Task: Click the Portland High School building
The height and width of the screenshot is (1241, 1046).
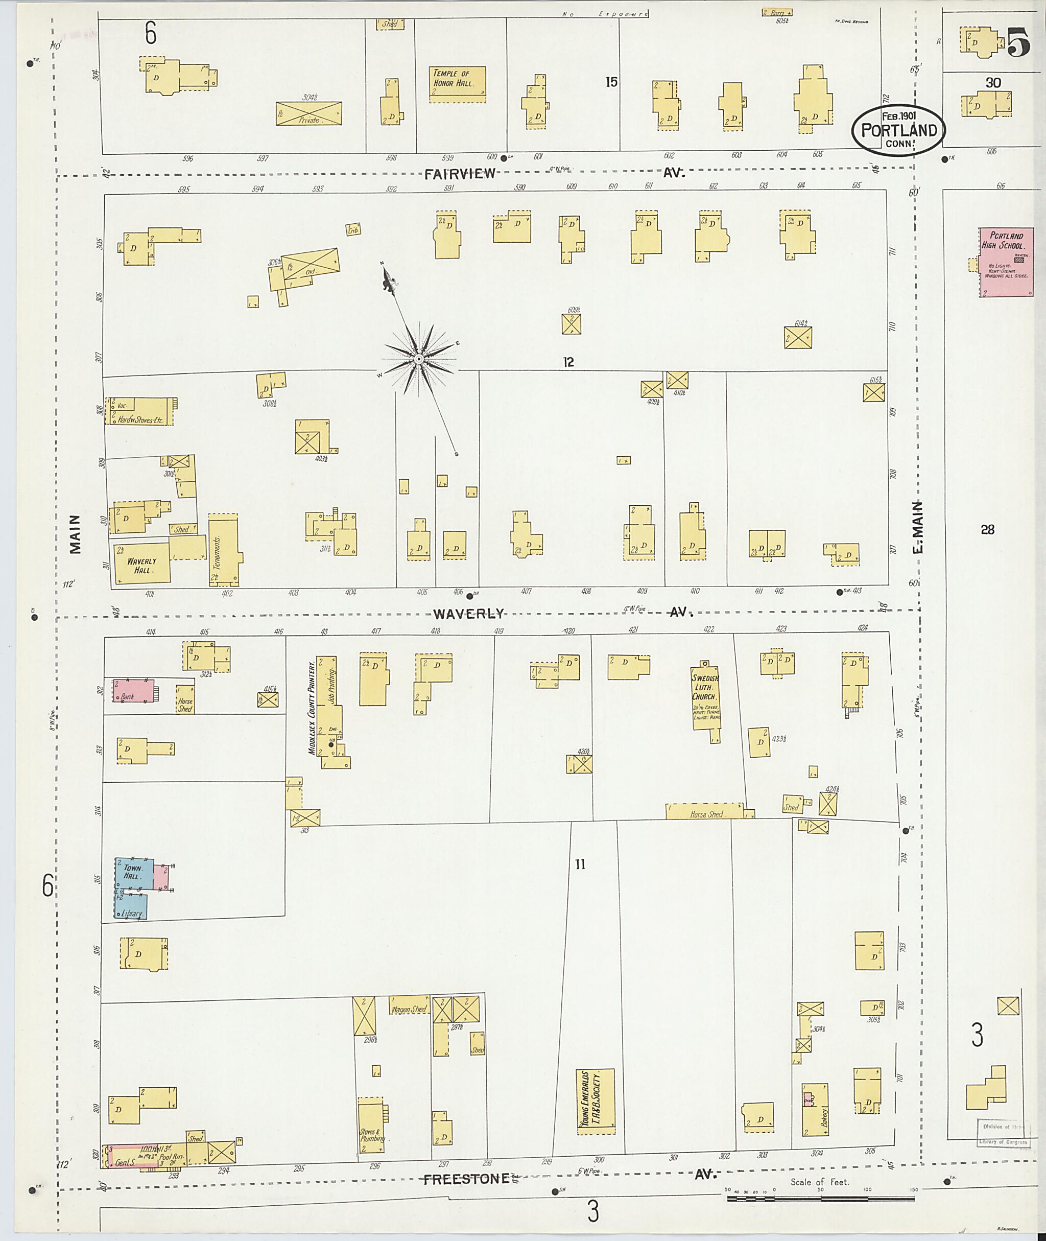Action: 1006,262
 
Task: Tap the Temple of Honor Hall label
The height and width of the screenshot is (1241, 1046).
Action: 457,79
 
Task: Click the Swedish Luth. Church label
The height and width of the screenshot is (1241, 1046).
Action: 704,688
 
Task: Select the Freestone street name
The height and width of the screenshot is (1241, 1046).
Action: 466,1179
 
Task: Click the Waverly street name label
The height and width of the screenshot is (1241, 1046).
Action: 468,614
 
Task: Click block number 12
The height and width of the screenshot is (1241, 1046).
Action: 568,362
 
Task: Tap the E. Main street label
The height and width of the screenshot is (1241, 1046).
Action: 918,527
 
